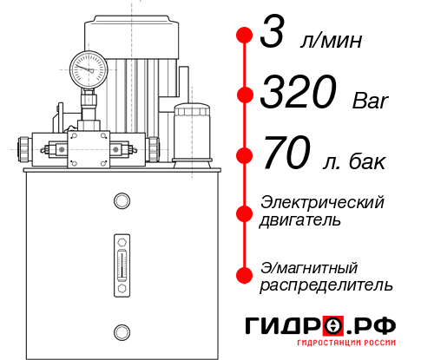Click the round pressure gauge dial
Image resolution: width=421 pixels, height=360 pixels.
pyautogui.click(x=87, y=67)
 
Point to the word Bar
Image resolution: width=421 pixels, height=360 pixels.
pyautogui.click(x=370, y=101)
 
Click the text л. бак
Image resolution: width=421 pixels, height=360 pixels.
pyautogui.click(x=352, y=161)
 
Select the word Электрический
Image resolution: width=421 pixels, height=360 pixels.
pyautogui.click(x=322, y=202)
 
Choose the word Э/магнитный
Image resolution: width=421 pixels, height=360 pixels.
pyautogui.click(x=309, y=266)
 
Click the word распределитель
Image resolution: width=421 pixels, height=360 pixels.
pyautogui.click(x=326, y=284)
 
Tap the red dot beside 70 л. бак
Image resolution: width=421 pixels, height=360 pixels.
pyautogui.click(x=244, y=156)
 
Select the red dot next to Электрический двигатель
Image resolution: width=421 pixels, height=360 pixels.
pyautogui.click(x=244, y=211)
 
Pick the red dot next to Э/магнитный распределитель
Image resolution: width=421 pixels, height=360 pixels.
pyautogui.click(x=244, y=275)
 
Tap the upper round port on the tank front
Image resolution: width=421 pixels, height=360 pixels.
pyautogui.click(x=121, y=201)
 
